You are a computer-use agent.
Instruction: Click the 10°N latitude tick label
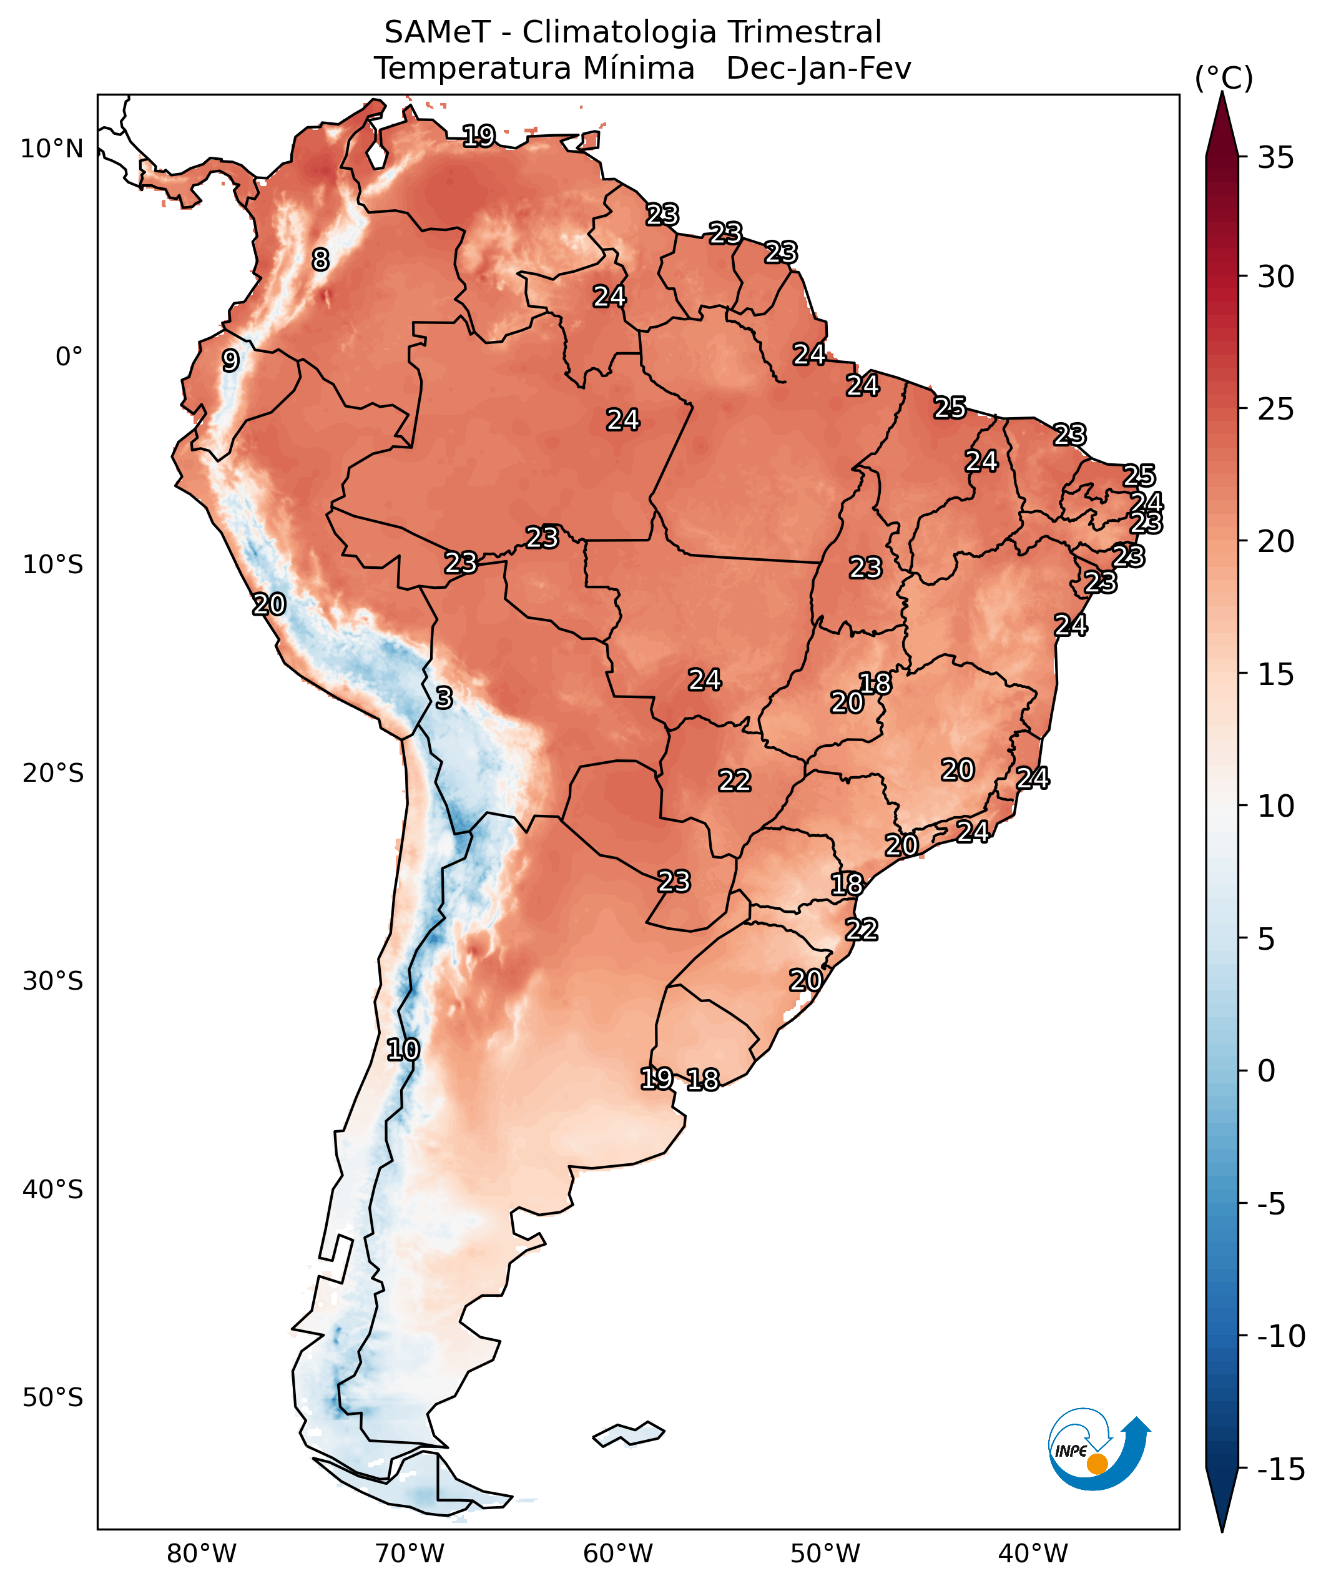pyautogui.click(x=51, y=149)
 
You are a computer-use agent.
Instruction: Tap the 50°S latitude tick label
pyautogui.click(x=52, y=1397)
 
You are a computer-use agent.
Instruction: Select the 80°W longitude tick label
pyautogui.click(x=202, y=1554)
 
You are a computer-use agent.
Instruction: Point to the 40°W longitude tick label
pyautogui.click(x=1033, y=1554)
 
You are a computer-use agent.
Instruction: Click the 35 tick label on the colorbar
pyautogui.click(x=1275, y=158)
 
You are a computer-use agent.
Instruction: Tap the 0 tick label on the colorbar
pyautogui.click(x=1266, y=1070)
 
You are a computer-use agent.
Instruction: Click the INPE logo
pyautogui.click(x=1099, y=1449)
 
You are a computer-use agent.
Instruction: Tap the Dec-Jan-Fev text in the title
pyautogui.click(x=818, y=68)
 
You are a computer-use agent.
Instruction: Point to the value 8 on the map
pyautogui.click(x=321, y=260)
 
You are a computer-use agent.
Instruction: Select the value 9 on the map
pyautogui.click(x=230, y=360)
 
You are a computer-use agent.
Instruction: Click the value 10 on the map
pyautogui.click(x=403, y=1049)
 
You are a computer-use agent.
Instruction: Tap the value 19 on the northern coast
pyautogui.click(x=478, y=136)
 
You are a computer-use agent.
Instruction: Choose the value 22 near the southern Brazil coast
pyautogui.click(x=862, y=929)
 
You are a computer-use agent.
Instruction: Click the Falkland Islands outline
pyautogui.click(x=629, y=1432)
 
